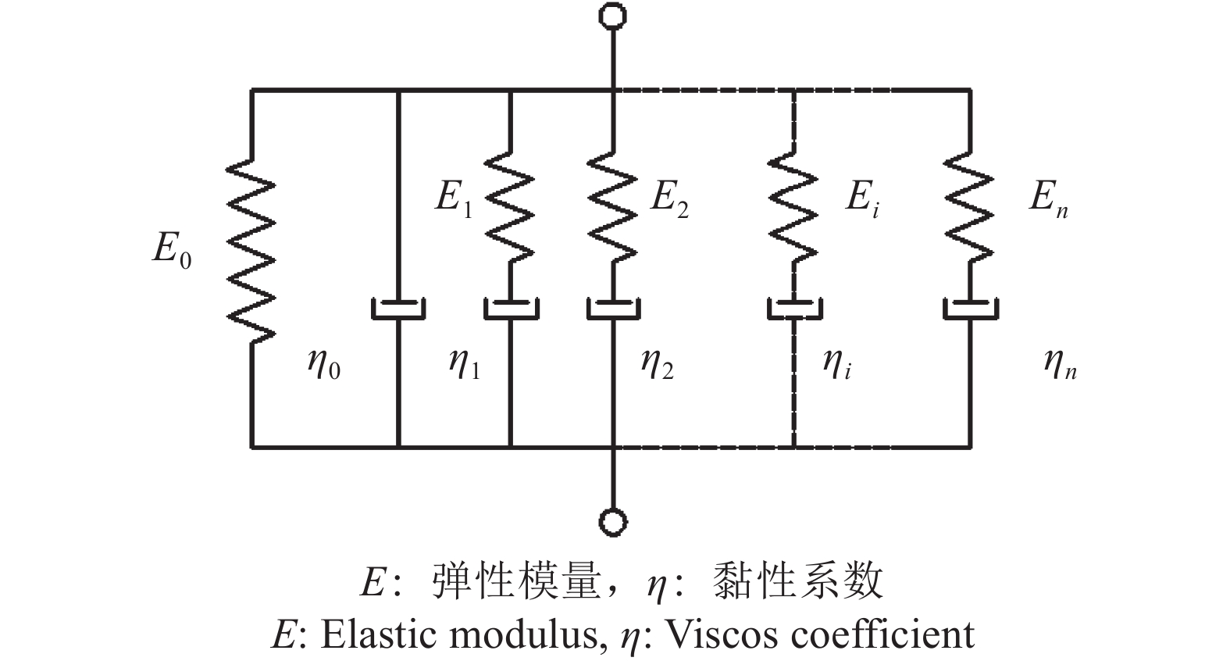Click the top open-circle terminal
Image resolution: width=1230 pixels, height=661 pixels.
[613, 15]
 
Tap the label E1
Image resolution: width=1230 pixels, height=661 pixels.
[454, 198]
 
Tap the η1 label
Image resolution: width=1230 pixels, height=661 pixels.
[465, 364]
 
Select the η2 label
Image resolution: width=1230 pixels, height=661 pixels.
[657, 364]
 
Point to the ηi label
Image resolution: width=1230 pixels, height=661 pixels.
[836, 364]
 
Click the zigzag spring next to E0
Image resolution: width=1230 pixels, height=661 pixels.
[251, 250]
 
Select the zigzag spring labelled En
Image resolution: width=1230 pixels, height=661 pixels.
[970, 206]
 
